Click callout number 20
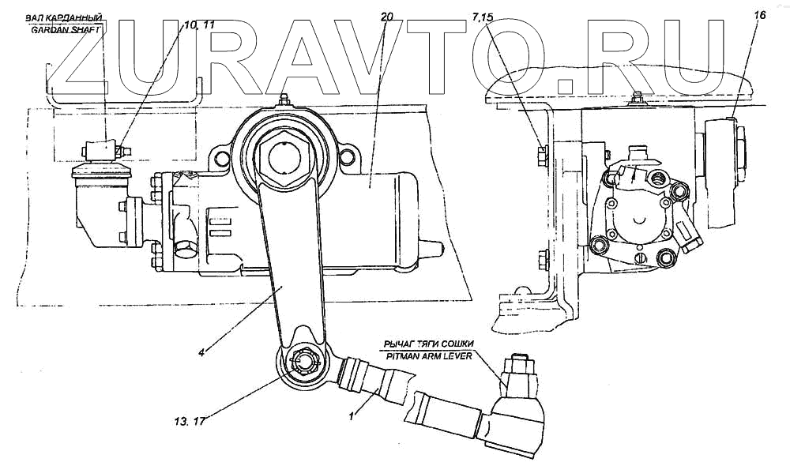(386, 17)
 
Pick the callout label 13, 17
(188, 420)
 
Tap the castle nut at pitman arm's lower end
(304, 364)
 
